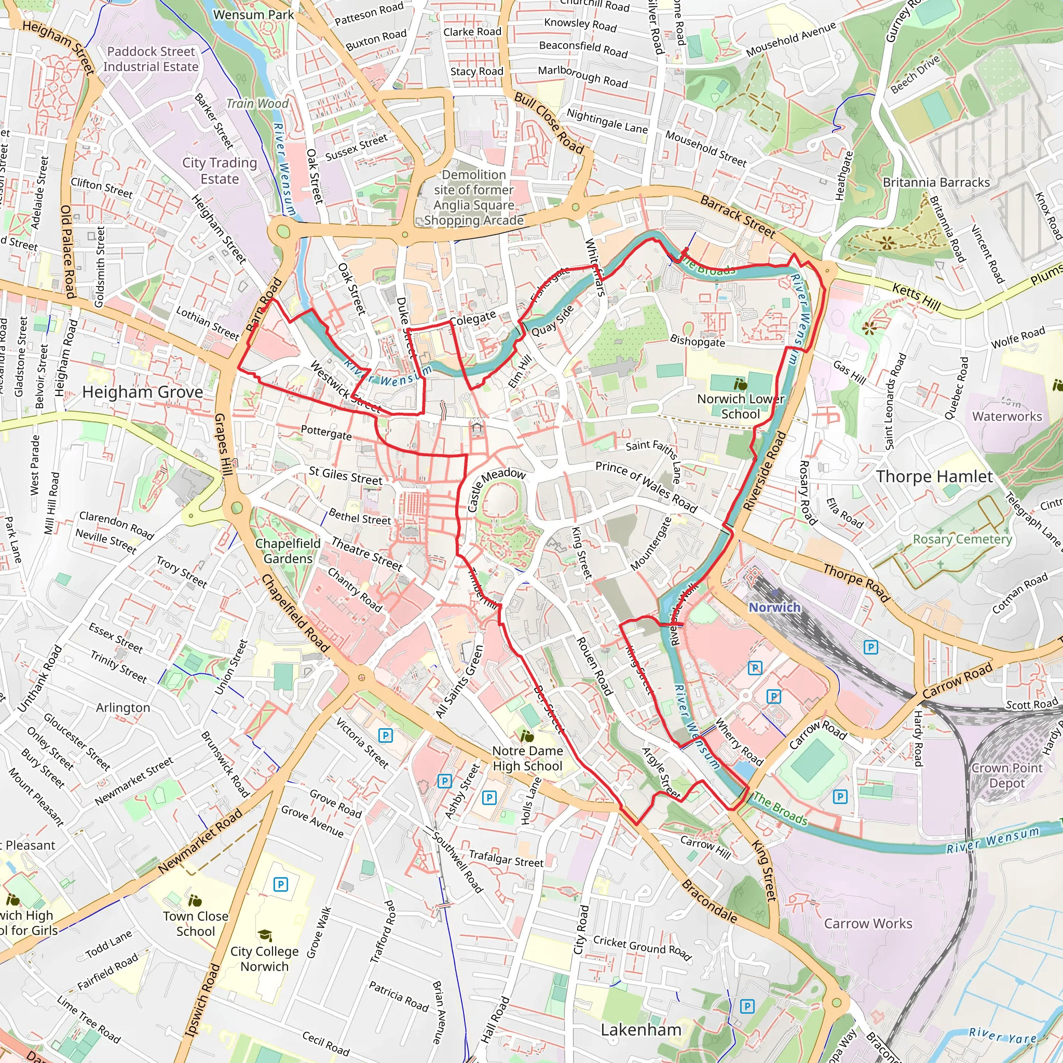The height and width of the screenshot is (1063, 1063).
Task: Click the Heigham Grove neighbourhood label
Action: coord(143,392)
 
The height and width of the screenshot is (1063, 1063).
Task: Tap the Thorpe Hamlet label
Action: coord(934,476)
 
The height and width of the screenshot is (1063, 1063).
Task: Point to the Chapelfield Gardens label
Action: coord(288,551)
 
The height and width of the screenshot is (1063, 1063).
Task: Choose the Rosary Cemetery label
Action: coord(962,539)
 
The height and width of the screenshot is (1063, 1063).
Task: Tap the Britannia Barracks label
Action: coord(936,182)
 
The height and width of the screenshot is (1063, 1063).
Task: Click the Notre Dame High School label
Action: coord(527,758)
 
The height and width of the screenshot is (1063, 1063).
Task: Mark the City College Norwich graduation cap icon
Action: coord(265,935)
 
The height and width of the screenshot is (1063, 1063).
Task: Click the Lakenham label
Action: coord(641,1029)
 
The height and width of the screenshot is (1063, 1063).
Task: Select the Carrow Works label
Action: coord(868,923)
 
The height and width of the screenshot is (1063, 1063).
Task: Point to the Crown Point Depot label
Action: coord(1006,775)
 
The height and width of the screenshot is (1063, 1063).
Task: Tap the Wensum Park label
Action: coord(254,15)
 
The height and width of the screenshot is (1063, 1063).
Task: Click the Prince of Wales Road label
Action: coord(646,486)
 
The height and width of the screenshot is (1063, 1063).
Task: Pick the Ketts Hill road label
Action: coord(916,296)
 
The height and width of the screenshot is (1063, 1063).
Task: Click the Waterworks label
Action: coord(1007,416)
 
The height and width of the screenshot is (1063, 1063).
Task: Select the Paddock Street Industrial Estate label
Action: coord(151,59)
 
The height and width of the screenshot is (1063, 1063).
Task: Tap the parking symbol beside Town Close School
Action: coord(281,884)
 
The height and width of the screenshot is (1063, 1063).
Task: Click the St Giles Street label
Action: coord(345,475)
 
